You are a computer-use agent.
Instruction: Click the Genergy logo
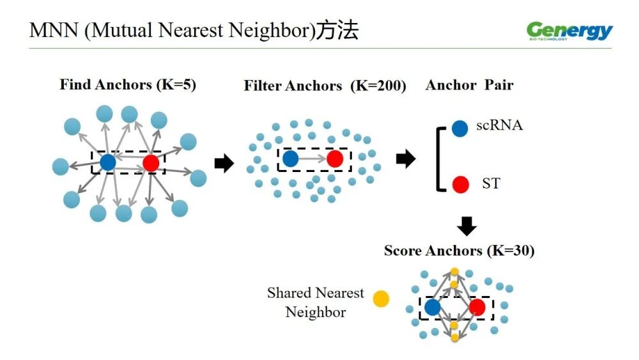tap(569, 31)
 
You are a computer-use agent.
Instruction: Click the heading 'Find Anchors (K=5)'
tap(128, 84)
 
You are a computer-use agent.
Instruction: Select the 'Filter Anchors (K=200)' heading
tap(325, 86)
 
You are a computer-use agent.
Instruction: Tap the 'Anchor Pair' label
tap(469, 85)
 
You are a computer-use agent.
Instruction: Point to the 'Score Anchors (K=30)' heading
tap(459, 251)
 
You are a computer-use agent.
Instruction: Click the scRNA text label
tap(499, 125)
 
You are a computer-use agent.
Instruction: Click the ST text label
tap(491, 184)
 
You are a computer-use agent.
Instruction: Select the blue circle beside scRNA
tap(460, 129)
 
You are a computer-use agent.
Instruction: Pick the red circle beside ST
tap(460, 185)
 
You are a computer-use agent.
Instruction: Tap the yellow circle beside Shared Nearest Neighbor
tap(381, 299)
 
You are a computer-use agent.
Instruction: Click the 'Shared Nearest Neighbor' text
tap(316, 302)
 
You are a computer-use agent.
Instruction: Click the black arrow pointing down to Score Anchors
tap(467, 225)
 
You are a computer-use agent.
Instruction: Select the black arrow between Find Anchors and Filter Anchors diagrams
tap(224, 164)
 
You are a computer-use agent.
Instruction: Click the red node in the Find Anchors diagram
tap(151, 163)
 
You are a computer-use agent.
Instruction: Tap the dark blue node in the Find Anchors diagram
tap(107, 162)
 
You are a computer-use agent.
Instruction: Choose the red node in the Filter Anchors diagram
tap(335, 159)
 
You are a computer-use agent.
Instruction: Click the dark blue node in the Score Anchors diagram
tap(433, 308)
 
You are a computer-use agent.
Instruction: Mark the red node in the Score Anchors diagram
tap(477, 308)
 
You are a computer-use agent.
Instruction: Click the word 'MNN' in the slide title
tap(54, 31)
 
